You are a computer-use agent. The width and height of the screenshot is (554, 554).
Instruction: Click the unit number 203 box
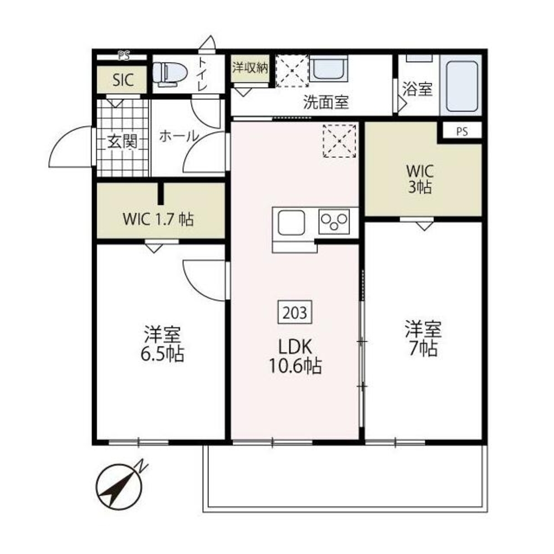pos(295,312)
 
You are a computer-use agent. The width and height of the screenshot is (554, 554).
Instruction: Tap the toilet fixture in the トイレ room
pos(170,74)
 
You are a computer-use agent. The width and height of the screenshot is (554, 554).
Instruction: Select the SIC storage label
pos(123,80)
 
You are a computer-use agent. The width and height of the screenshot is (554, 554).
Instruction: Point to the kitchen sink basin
pos(291,223)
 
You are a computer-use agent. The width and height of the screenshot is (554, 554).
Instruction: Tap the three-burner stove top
pos(334,222)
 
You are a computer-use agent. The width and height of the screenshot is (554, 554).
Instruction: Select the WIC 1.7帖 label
pos(158,219)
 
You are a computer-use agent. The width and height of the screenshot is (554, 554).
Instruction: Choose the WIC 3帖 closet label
pos(420,179)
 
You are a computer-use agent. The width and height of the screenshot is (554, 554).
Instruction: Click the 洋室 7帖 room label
pos(423,338)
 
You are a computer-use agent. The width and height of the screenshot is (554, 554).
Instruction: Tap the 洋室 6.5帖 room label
pos(162,344)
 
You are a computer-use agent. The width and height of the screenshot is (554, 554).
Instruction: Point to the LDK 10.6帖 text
pos(295,356)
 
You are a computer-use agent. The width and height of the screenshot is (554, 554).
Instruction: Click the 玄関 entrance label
pos(122,142)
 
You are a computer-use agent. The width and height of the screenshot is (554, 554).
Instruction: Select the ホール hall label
pos(179,136)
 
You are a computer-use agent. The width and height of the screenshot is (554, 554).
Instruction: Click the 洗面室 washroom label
pos(326,102)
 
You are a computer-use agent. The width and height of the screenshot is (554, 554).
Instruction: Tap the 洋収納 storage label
pos(250,68)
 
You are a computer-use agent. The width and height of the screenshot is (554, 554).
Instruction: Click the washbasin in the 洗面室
pos(329,68)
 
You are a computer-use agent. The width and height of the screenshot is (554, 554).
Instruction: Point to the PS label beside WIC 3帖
pos(462,131)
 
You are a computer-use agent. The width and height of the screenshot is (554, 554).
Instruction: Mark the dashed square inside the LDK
pos(339,141)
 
